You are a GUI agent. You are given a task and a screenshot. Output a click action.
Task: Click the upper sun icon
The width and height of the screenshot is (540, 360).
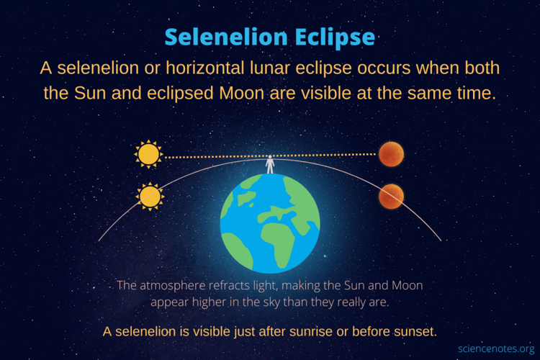[149, 154]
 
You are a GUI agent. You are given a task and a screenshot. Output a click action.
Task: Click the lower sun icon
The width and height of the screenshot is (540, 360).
[150, 196]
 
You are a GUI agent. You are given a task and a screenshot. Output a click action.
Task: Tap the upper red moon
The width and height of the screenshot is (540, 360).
[391, 154]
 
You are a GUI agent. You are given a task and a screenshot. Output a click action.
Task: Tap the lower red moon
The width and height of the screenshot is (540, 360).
[391, 196]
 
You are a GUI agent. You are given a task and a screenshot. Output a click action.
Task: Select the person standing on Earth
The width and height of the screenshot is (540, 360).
[271, 164]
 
